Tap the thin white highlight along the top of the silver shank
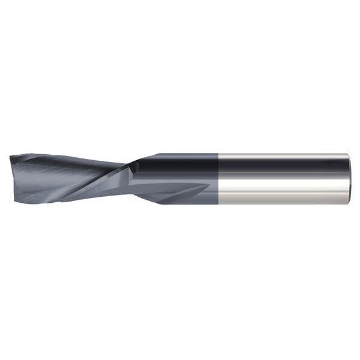pyautogui.click(x=282, y=155)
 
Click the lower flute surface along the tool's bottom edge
pyautogui.click(x=90, y=195)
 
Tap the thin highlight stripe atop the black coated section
pyautogui.click(x=180, y=155)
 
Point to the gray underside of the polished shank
pyautogui.click(x=282, y=198)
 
